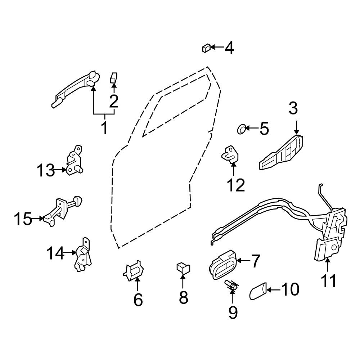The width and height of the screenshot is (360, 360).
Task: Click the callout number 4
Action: pyautogui.click(x=229, y=48)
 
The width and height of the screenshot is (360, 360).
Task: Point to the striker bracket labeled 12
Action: pyautogui.click(x=230, y=154)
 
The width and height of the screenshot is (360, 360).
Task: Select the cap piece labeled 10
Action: pyautogui.click(x=258, y=291)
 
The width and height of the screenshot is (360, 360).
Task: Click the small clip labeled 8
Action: pyautogui.click(x=183, y=268)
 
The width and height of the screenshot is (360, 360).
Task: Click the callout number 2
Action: pyautogui.click(x=114, y=101)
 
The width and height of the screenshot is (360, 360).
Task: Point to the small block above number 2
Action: pyautogui.click(x=113, y=78)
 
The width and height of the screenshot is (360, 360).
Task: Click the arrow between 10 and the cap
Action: pyautogui.click(x=274, y=290)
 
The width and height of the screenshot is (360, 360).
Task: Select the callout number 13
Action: pyautogui.click(x=46, y=170)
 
